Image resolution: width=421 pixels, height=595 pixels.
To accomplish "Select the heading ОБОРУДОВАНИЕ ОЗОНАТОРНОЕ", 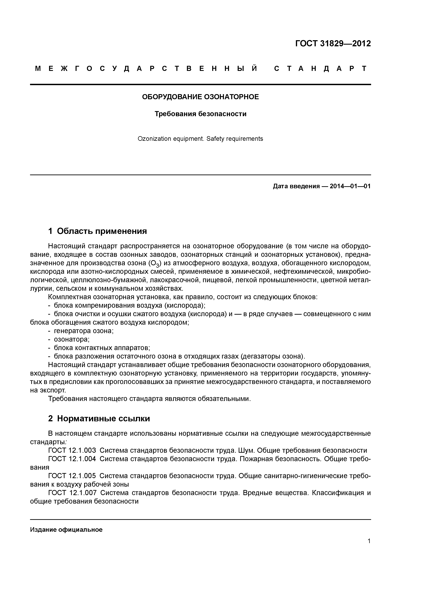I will coord(200,97).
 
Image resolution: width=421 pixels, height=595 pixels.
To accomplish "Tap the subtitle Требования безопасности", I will coord(200,114).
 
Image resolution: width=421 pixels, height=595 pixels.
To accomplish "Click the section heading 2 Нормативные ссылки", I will coord(99,419).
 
